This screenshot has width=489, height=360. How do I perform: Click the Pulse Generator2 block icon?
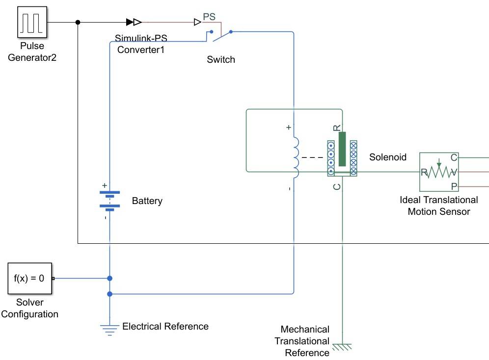(x=33, y=22)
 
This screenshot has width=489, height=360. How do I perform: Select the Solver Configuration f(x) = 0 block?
(x=29, y=279)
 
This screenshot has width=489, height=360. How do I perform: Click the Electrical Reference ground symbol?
(x=109, y=329)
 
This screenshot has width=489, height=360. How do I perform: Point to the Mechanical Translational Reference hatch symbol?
(x=342, y=347)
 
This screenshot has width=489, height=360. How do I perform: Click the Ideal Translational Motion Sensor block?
(x=438, y=172)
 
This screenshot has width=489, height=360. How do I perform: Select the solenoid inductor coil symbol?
(x=296, y=157)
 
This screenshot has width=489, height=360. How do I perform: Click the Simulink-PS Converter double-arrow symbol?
(x=134, y=22)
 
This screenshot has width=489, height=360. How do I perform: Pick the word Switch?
(x=221, y=60)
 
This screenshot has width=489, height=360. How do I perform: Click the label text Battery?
(x=147, y=201)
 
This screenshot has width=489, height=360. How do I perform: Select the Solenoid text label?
(x=388, y=157)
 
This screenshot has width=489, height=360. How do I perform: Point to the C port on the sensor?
(x=454, y=158)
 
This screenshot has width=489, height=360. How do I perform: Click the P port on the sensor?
(x=454, y=186)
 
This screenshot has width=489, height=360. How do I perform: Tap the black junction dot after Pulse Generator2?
(x=78, y=22)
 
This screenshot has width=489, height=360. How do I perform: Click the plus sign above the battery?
(x=104, y=185)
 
